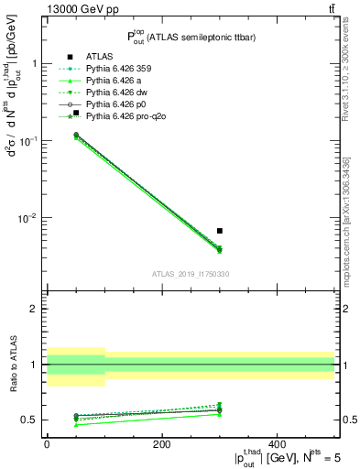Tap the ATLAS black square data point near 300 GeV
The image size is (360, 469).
pos(220,231)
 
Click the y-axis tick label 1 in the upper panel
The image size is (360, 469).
pos(35,64)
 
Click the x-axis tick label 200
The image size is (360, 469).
pos(162,443)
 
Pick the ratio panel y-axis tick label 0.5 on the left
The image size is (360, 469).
pos(30,420)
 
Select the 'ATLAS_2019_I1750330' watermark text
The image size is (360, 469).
pos(191,274)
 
